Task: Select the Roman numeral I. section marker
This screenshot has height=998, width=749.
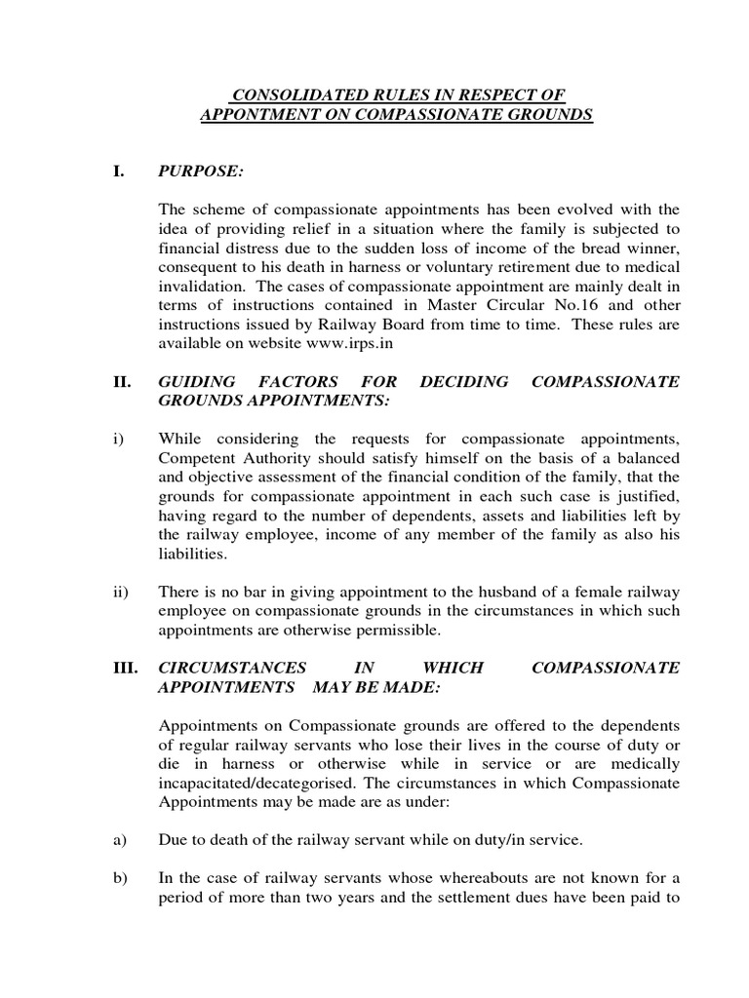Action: point(118,173)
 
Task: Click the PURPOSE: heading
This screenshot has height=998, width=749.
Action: point(200,173)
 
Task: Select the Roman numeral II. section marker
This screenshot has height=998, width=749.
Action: point(121,382)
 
